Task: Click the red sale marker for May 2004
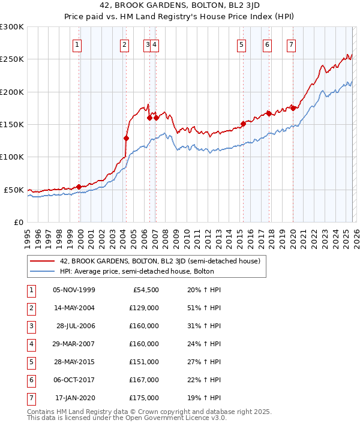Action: click(x=126, y=138)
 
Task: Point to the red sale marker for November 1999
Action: click(x=79, y=187)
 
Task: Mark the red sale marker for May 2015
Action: click(x=243, y=124)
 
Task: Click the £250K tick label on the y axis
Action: click(x=12, y=59)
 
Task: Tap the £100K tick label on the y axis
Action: click(x=12, y=157)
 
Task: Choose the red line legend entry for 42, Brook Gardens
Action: click(x=160, y=261)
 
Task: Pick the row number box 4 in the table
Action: click(x=30, y=345)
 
